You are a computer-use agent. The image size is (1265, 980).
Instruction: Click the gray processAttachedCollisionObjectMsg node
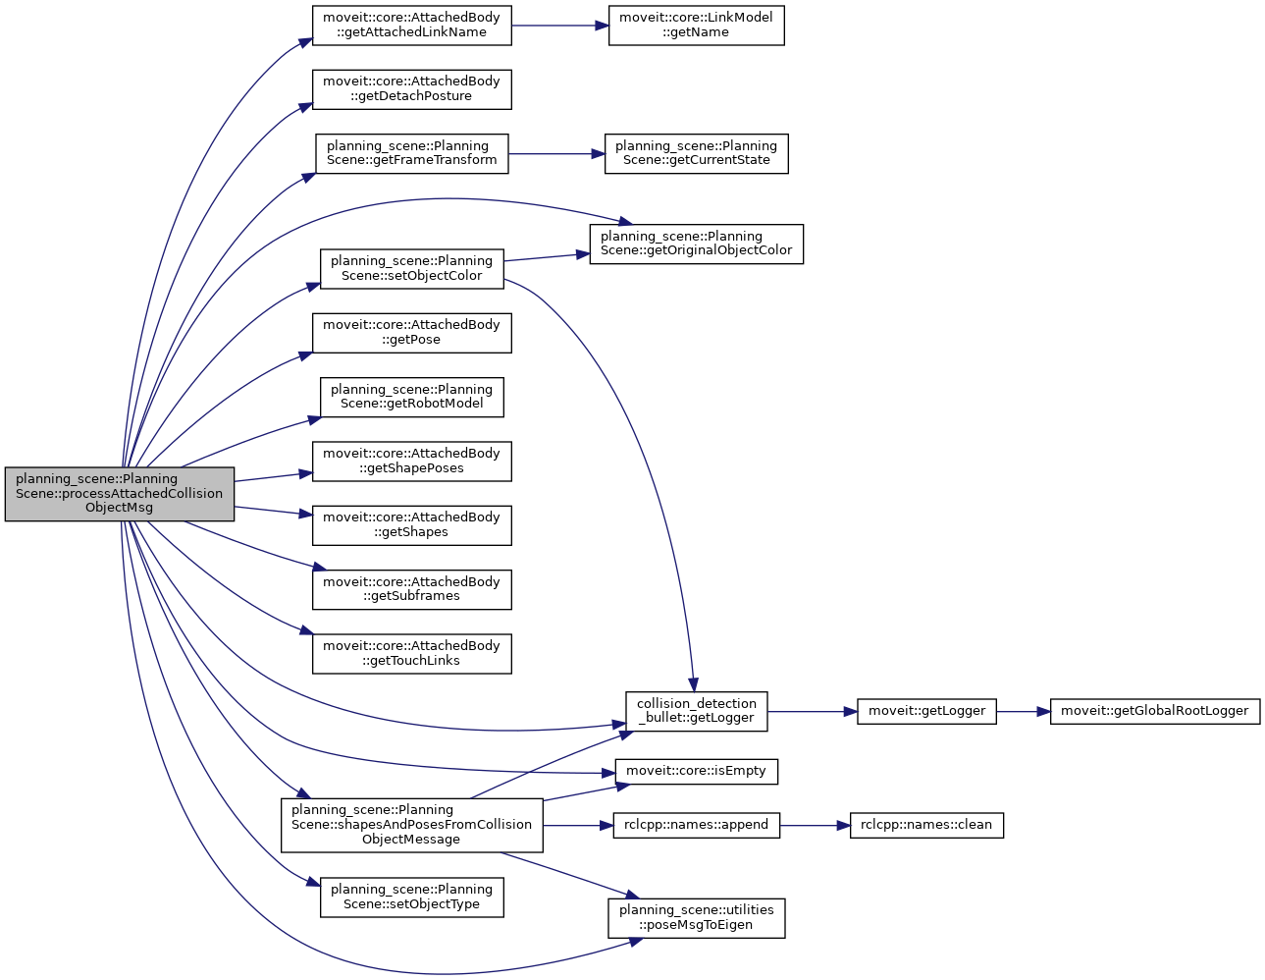point(119,494)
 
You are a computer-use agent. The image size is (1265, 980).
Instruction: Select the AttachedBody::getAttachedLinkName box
point(411,26)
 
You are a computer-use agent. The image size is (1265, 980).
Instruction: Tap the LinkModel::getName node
point(696,26)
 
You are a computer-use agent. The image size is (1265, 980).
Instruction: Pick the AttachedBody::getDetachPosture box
point(411,89)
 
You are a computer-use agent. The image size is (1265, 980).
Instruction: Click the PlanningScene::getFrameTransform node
point(411,154)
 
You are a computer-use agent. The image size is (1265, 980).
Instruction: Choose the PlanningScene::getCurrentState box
point(696,154)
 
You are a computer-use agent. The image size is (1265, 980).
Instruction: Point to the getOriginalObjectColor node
point(696,244)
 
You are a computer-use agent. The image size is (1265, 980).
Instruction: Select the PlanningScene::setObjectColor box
point(411,268)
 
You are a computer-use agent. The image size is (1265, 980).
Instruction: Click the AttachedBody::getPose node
point(411,333)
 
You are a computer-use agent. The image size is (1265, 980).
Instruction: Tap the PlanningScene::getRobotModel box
point(411,397)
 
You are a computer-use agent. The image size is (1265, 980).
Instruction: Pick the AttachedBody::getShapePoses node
point(411,462)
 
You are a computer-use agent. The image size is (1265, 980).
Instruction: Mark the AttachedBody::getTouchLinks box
point(411,654)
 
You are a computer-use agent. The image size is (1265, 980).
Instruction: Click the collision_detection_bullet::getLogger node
point(696,711)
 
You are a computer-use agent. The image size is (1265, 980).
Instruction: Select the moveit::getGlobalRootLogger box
point(1154,711)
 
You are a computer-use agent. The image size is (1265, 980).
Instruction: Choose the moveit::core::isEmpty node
point(696,771)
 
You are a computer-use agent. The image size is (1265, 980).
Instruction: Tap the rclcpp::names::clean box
point(925,825)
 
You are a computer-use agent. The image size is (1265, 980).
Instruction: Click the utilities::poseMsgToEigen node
point(696,917)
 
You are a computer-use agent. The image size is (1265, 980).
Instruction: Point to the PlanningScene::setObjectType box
point(411,898)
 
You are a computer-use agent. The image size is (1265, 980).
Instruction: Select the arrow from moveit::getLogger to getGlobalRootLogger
point(1024,711)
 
